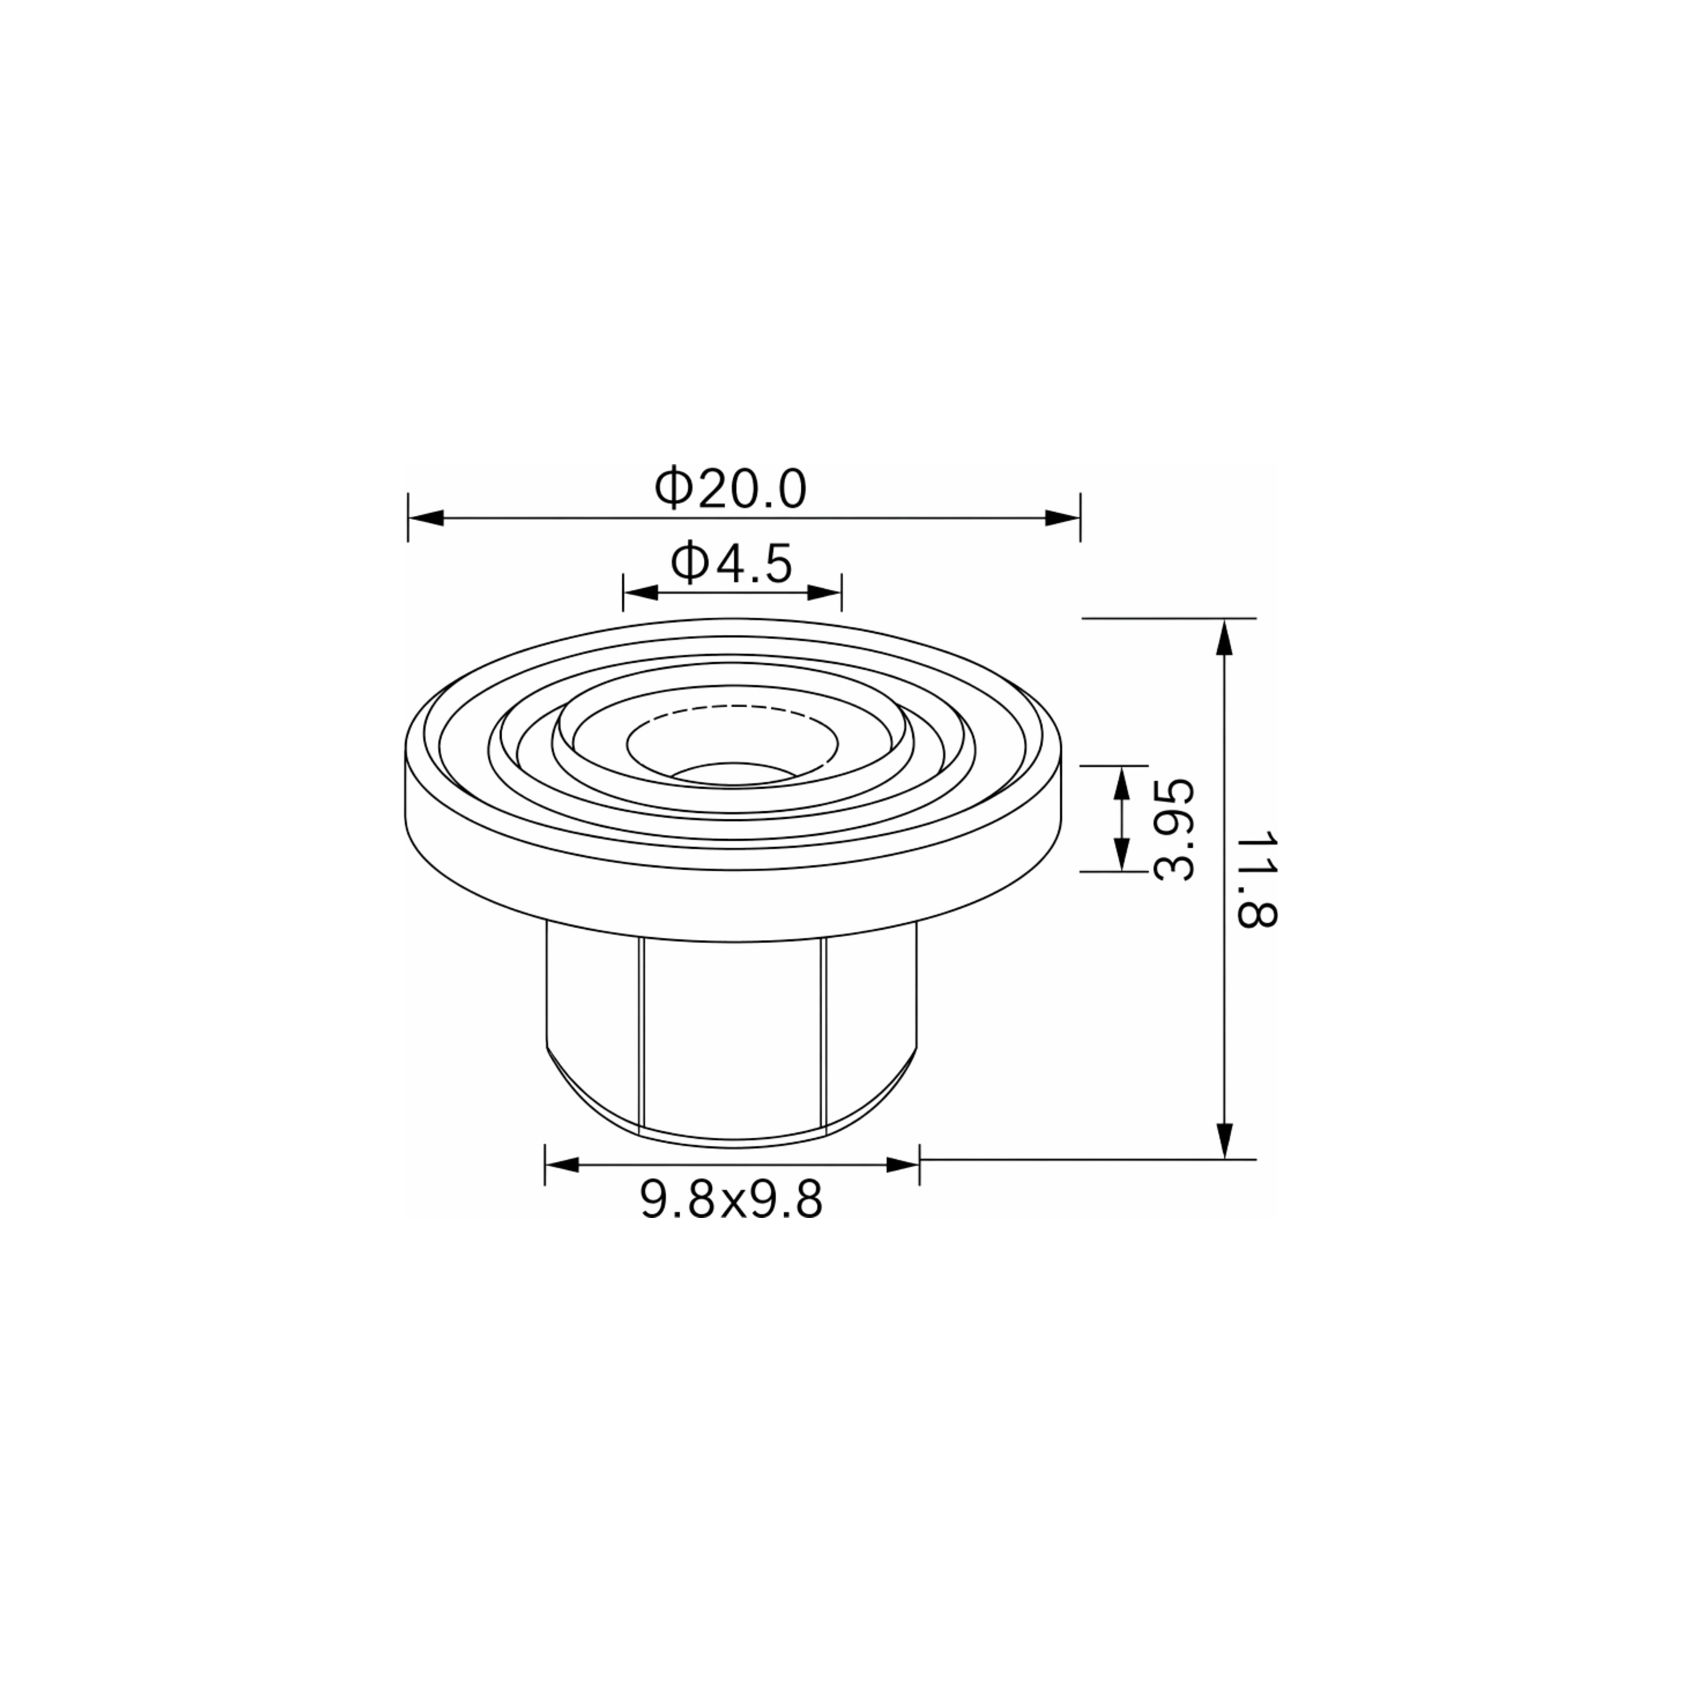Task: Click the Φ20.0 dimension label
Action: [x=731, y=488]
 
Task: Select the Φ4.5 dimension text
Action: [x=731, y=562]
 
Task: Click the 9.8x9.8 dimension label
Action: [x=731, y=1202]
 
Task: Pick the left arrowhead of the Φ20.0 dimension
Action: [x=426, y=518]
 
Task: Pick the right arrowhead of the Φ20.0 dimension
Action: [x=1062, y=518]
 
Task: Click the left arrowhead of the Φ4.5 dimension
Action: [x=641, y=593]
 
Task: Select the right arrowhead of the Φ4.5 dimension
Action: [x=824, y=593]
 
